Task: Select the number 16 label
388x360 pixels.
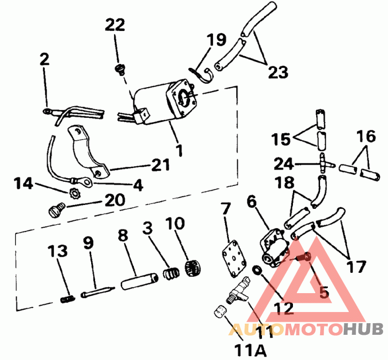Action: [367, 137]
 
